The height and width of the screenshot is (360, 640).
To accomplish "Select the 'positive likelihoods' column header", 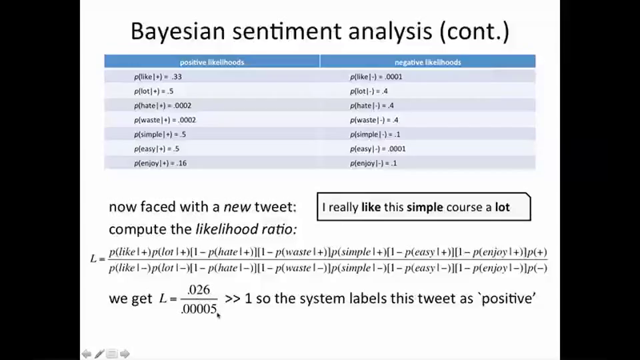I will (212, 62).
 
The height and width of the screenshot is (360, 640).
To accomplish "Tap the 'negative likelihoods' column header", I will (427, 62).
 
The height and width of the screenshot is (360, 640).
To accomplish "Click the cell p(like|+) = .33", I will (158, 77).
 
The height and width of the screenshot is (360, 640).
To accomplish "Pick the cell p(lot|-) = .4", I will (369, 91).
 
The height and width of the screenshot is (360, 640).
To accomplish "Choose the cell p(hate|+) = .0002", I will (163, 105).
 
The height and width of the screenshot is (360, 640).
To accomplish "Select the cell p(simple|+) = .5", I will (160, 135).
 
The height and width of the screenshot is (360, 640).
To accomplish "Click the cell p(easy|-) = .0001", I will (377, 149).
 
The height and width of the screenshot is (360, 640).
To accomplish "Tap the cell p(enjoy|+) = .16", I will (160, 163).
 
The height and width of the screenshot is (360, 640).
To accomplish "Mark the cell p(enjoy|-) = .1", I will (373, 163).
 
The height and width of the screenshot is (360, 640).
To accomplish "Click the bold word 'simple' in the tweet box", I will (425, 207).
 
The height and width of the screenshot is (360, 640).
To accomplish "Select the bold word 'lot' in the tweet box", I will (502, 207).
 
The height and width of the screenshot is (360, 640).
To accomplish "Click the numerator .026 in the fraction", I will (198, 290).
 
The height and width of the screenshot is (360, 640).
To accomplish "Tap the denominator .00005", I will (199, 309).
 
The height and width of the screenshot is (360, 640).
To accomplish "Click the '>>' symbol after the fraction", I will (233, 298).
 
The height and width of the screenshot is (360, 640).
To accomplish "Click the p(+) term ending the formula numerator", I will (537, 252).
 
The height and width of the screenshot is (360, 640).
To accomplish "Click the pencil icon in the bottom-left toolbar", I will (99, 354).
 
